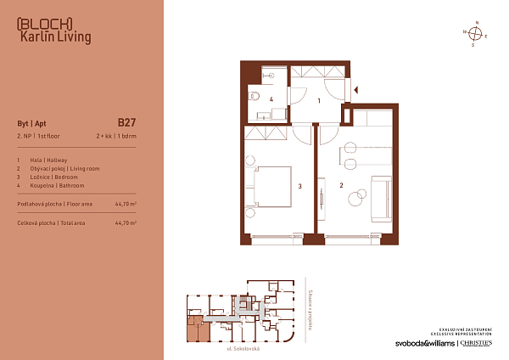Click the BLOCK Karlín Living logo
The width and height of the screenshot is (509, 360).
click(x=54, y=31)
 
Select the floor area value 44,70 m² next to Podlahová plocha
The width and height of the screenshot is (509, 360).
click(x=126, y=205)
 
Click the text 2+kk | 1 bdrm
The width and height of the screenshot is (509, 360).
click(x=116, y=136)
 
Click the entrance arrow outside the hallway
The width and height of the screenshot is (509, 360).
click(x=357, y=87)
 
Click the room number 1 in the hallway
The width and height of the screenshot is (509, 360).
click(x=318, y=100)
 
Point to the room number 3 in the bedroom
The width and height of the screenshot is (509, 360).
click(x=300, y=185)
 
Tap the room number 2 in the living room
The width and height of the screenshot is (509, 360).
click(x=341, y=185)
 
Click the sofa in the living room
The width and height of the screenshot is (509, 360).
click(x=381, y=198)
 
